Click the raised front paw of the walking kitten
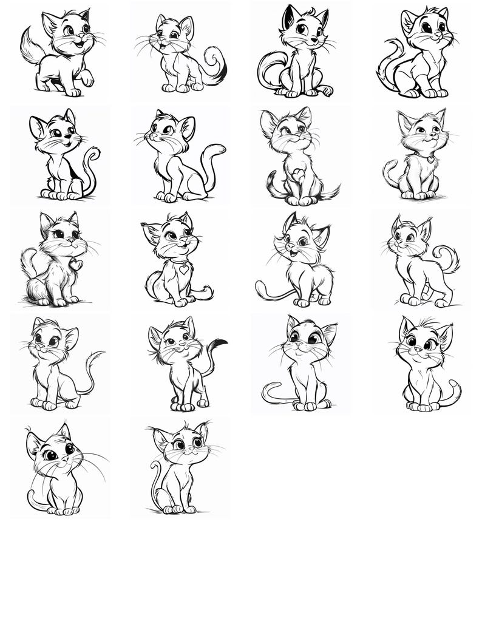(87, 78)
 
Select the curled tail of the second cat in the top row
(216, 64)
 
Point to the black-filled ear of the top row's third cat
(287, 18)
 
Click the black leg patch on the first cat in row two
(73, 172)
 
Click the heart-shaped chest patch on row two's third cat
(298, 175)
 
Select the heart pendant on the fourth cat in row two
(430, 160)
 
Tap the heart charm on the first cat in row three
(75, 265)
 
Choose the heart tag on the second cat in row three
(183, 269)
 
